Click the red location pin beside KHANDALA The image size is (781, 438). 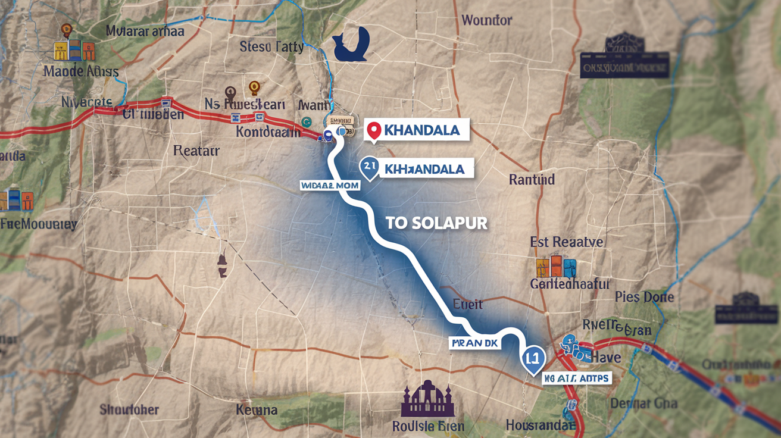pos(374,130)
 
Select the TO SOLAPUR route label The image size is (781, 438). pos(436,223)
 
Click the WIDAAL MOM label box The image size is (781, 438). pos(330,186)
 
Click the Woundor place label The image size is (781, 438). pos(486,20)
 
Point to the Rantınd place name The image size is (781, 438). pos(532,179)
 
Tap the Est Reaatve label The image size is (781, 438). pos(566,242)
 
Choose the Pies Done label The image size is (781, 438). pos(644,297)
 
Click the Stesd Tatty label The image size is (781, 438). pos(271,47)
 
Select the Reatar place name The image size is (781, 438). pos(196,151)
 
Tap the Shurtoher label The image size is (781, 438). pos(129,409)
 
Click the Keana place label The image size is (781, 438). pos(257,409)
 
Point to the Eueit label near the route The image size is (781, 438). pos(467,304)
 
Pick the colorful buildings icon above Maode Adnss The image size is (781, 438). pos(74,51)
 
